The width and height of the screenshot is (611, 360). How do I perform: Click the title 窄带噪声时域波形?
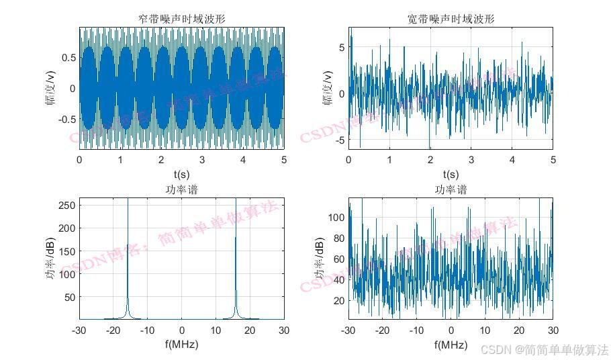tap(181, 19)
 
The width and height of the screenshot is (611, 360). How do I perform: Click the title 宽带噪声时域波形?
tap(451, 19)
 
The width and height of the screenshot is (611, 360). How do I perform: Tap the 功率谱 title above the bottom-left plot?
tap(181, 190)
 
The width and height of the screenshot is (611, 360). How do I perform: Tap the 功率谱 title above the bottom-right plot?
tap(451, 190)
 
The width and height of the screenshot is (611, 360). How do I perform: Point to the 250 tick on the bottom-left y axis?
tap(67, 205)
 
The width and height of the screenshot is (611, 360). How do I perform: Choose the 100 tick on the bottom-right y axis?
tap(336, 217)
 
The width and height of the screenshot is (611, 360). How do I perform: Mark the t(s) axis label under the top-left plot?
tap(181, 175)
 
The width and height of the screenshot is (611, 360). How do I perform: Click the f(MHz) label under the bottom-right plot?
tap(451, 345)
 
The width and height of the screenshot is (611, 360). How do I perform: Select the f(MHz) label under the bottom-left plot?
tap(181, 345)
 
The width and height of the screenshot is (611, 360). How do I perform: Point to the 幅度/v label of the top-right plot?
tap(328, 88)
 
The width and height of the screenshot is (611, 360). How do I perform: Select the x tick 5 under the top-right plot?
tap(553, 160)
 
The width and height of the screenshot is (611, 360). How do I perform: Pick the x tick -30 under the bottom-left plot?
tap(79, 330)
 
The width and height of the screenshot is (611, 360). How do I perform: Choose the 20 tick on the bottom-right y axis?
tap(338, 300)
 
